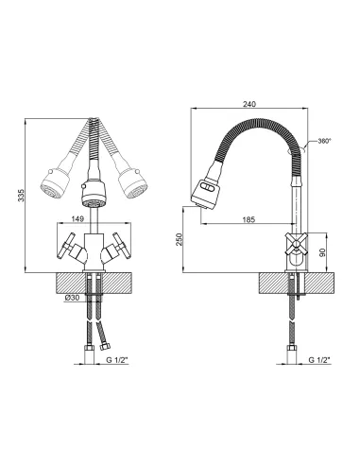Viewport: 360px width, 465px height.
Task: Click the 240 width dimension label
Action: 249,104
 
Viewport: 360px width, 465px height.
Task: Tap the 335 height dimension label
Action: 21,196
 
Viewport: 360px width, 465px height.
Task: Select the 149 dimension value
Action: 77,218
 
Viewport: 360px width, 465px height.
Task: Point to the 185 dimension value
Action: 249,219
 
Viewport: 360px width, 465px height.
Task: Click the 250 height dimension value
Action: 179,239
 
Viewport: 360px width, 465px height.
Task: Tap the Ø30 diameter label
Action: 73,298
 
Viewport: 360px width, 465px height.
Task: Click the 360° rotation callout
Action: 324,141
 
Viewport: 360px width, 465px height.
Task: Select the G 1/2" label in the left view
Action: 117,360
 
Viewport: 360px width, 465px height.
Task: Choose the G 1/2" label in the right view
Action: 319,360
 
